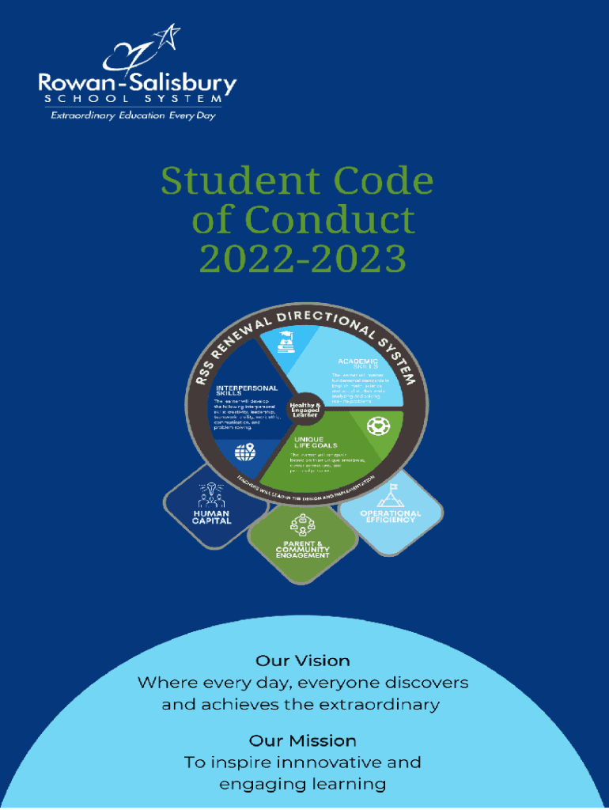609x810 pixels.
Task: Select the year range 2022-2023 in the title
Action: pos(302,258)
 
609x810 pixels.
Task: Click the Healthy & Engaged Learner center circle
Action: pos(304,411)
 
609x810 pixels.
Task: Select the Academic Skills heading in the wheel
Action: pos(358,364)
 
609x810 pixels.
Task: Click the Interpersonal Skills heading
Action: pos(247,391)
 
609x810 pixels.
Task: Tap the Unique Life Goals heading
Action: pos(316,442)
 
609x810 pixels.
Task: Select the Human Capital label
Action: pos(212,517)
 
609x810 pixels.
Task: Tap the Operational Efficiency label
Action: pos(391,517)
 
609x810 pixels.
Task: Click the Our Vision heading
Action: pos(303,660)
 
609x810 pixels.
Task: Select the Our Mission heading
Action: pos(303,740)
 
